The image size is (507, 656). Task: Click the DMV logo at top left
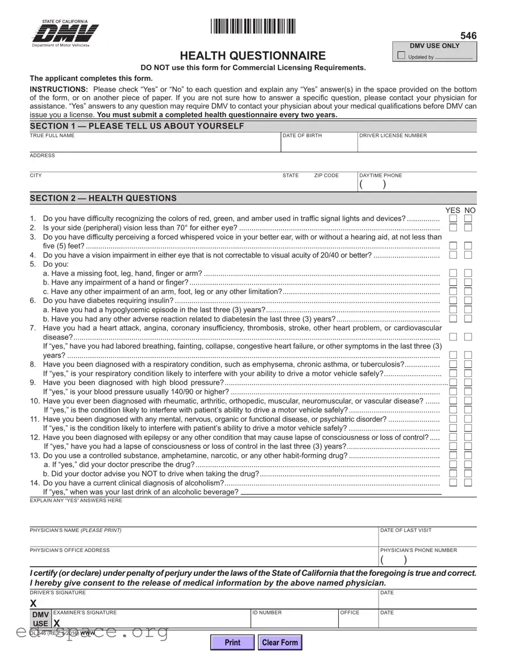tap(65, 34)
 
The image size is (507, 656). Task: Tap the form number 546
tap(468, 36)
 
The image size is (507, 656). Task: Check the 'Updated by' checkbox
tap(402, 56)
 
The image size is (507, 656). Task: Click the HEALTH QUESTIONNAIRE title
tap(253, 56)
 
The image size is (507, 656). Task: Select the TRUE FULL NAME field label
tap(52, 136)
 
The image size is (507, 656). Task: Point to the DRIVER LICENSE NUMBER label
tap(393, 136)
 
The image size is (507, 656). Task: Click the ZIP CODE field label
tap(326, 176)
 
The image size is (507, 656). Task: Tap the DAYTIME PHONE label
tap(380, 176)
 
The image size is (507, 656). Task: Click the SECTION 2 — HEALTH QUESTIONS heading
tap(103, 198)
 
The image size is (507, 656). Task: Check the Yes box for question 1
tap(453, 219)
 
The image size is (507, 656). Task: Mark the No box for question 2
tap(468, 228)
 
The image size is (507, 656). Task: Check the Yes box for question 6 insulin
tap(453, 301)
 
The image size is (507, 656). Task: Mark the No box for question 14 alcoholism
tap(468, 483)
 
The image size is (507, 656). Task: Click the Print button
tap(232, 642)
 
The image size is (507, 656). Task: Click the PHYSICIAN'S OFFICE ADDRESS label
tap(69, 550)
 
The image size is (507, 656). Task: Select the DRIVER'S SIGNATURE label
tap(58, 593)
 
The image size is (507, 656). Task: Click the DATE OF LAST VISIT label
tap(406, 530)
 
